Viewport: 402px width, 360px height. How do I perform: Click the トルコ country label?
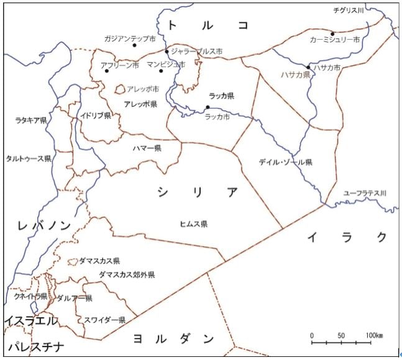pyautogui.click(x=208, y=25)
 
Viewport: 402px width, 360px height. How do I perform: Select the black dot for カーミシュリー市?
pyautogui.click(x=332, y=34)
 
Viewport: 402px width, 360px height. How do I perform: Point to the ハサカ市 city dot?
pyautogui.click(x=308, y=67)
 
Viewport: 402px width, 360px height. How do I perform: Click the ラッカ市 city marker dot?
pyautogui.click(x=208, y=107)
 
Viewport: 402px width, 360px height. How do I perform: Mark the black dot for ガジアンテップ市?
pyautogui.click(x=135, y=45)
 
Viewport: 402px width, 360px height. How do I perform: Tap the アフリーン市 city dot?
pyautogui.click(x=107, y=71)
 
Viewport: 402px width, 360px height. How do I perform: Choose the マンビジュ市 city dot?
pyautogui.click(x=161, y=71)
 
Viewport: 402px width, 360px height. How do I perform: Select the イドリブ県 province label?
pyautogui.click(x=96, y=116)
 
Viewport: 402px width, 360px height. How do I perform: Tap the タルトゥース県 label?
pyautogui.click(x=28, y=159)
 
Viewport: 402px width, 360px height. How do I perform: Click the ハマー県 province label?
pyautogui.click(x=147, y=149)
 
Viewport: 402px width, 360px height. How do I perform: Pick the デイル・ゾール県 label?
pyautogui.click(x=285, y=162)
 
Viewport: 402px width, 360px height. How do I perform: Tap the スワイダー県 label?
pyautogui.click(x=105, y=320)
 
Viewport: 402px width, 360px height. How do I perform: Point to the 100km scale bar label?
pyautogui.click(x=374, y=335)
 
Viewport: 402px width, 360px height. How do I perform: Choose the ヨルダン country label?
pyautogui.click(x=173, y=339)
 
